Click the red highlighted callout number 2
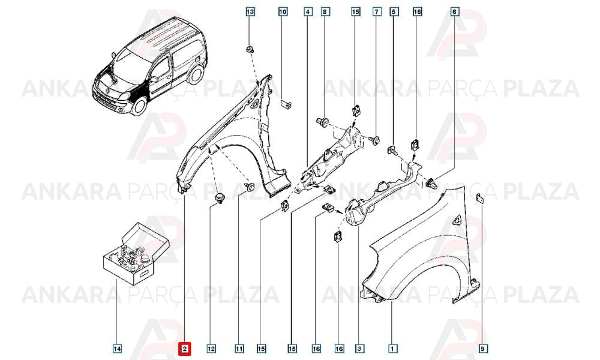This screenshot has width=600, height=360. tap(184, 349)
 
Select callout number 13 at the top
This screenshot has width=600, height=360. tap(250, 12)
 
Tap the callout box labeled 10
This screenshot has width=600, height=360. tap(283, 12)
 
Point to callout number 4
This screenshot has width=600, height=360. tap(308, 12)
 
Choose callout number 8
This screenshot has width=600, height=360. tap(325, 12)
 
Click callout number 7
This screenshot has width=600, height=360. tap(377, 12)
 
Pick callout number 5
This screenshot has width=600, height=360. tap(394, 12)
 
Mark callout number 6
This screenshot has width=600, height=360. tap(455, 12)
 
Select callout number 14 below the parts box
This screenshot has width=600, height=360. tap(118, 349)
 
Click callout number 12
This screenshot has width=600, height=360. tap(211, 349)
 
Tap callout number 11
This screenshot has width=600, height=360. tap(239, 349)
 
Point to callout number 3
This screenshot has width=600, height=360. tap(359, 349)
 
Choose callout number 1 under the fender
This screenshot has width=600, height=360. tap(392, 349)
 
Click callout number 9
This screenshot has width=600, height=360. tap(482, 349)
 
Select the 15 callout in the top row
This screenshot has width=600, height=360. tap(355, 12)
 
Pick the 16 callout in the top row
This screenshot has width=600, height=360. tap(417, 12)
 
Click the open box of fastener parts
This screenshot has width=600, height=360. tap(136, 253)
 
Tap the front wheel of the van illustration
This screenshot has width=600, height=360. tap(138, 106)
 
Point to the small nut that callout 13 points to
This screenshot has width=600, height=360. tap(250, 49)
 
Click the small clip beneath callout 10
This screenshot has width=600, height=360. tap(286, 104)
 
